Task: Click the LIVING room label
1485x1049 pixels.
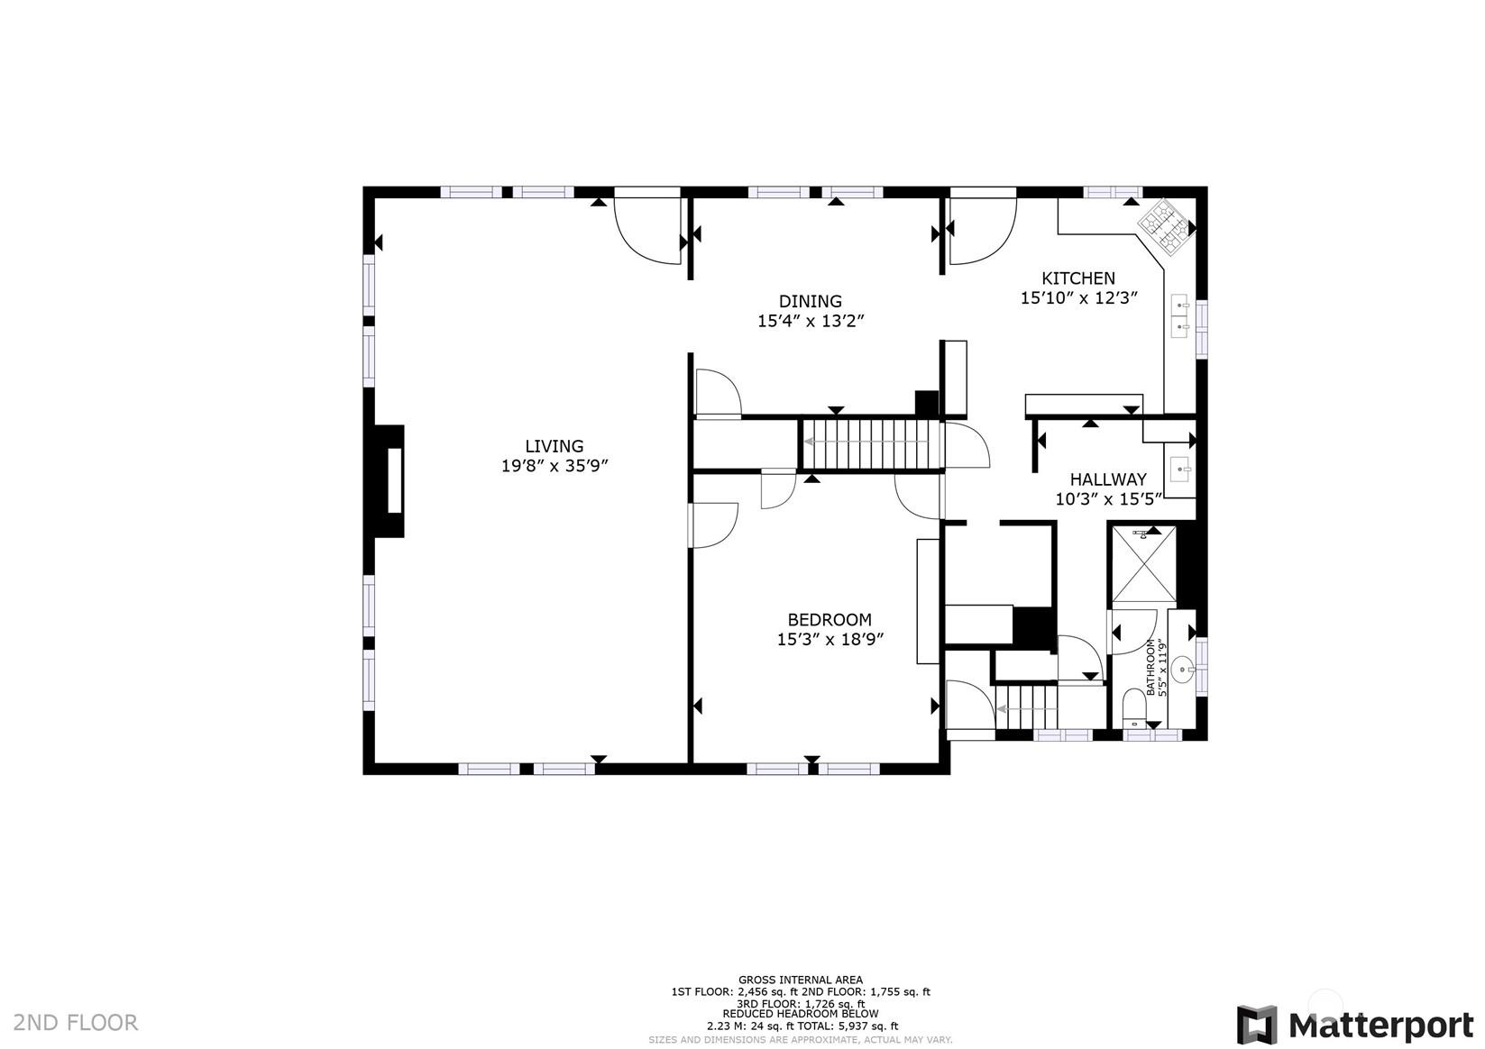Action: click(555, 446)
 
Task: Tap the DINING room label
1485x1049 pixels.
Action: click(810, 302)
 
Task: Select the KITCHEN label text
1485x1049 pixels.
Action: click(1078, 278)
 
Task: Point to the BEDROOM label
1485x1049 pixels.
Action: click(830, 620)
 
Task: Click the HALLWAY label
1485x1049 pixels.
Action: click(1108, 479)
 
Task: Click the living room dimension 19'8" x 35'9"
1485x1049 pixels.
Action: click(555, 466)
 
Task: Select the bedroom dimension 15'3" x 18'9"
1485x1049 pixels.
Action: click(830, 640)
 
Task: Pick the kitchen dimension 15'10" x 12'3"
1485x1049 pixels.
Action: click(1078, 298)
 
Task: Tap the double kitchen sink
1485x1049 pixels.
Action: click(1180, 316)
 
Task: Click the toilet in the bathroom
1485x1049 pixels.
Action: click(1134, 707)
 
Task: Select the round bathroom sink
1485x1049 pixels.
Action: click(1182, 670)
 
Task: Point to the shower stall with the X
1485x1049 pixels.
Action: click(1143, 564)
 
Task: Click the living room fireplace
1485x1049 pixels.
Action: click(390, 480)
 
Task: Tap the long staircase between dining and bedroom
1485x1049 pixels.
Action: click(871, 443)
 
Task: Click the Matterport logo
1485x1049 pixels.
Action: click(1354, 1025)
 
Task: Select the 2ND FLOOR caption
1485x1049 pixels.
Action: click(76, 1023)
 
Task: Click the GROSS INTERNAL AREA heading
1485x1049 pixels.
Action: click(801, 980)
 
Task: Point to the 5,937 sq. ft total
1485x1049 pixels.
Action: click(869, 1026)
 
